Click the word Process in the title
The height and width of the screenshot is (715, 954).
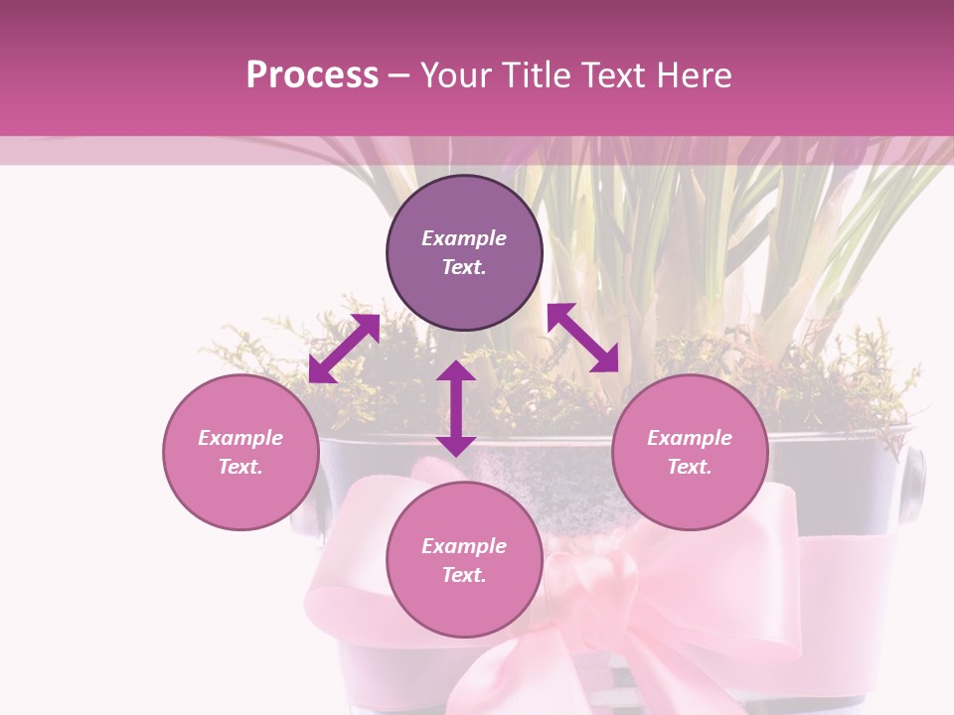pos(312,75)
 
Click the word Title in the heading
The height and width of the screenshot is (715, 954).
pos(528,75)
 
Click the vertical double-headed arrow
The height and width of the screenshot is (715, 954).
pos(456,408)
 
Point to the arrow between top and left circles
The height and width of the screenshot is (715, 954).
pos(344,349)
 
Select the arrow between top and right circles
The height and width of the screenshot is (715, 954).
pos(582,337)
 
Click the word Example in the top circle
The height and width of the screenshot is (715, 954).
pos(464,238)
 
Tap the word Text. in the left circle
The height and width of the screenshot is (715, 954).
pos(240,467)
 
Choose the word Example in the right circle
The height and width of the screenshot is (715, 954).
pos(690,438)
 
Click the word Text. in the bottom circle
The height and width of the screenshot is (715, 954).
pos(464,575)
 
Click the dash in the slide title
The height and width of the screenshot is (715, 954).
pos(399,75)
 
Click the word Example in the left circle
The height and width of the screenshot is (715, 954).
pos(240,438)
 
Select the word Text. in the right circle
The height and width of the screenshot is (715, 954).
pos(690,467)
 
